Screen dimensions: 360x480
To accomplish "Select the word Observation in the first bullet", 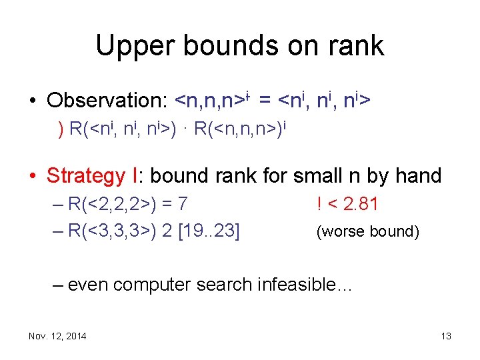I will click(107, 101).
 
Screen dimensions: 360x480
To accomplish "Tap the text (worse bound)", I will click(367, 231).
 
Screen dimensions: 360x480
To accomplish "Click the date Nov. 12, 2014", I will click(57, 336).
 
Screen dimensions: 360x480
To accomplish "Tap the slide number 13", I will click(445, 336).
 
